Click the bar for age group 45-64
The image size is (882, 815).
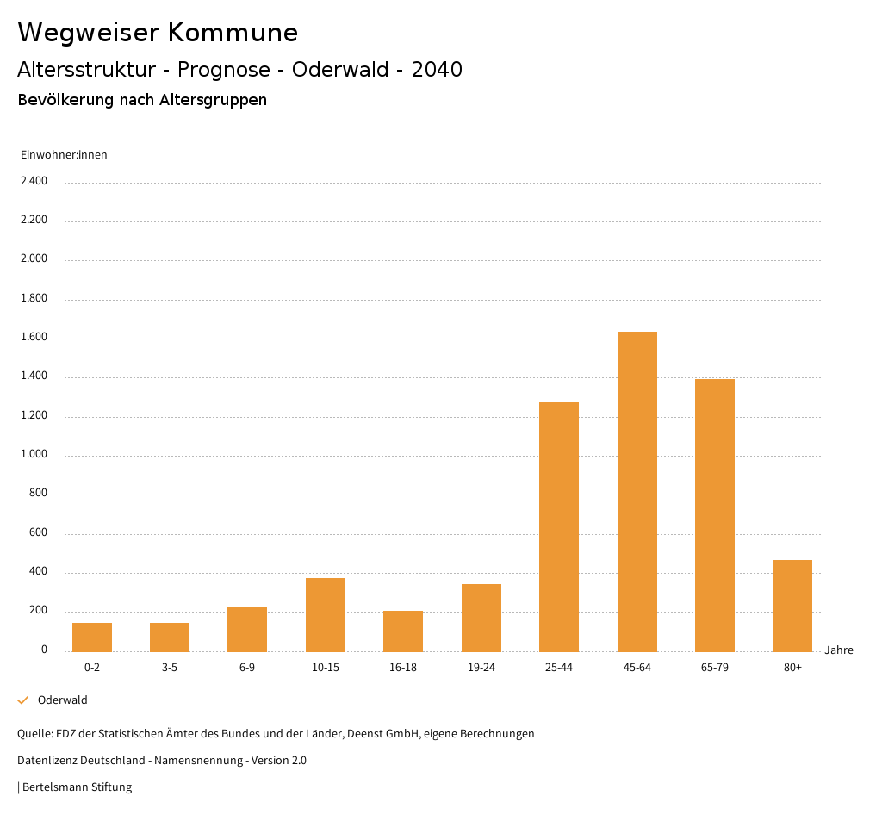(637, 491)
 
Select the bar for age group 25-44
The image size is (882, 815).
(559, 526)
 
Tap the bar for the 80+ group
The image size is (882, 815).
(792, 606)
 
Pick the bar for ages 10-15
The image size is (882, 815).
(326, 614)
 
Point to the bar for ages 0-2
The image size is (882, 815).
(92, 637)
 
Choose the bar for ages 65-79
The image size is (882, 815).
(715, 515)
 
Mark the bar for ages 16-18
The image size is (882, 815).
(403, 631)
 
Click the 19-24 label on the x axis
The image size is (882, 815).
(481, 668)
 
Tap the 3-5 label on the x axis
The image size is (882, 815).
(170, 668)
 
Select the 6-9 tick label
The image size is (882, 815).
(247, 668)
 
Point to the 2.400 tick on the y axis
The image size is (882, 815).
(34, 181)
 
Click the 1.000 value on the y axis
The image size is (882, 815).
(34, 455)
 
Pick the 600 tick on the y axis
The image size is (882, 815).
(38, 533)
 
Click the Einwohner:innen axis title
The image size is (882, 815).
(64, 155)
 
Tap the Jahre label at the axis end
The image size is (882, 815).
(839, 650)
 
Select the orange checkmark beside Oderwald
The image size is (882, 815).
(23, 700)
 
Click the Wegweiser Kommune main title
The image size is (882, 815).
(158, 33)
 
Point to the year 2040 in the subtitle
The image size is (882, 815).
(437, 70)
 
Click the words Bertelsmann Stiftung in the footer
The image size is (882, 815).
(77, 787)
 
